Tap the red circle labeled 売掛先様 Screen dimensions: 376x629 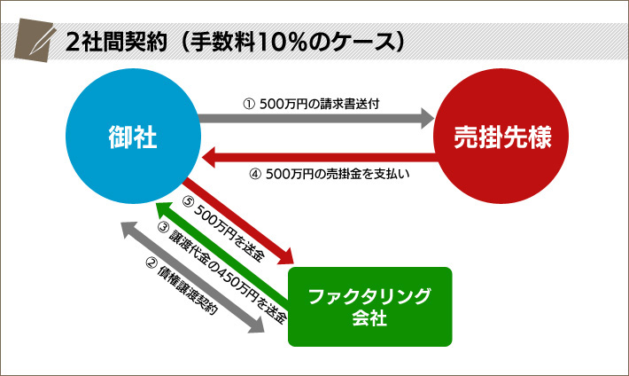498,140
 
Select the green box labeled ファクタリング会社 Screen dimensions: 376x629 369,306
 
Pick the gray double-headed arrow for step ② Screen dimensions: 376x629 193,277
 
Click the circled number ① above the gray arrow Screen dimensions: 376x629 249,102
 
